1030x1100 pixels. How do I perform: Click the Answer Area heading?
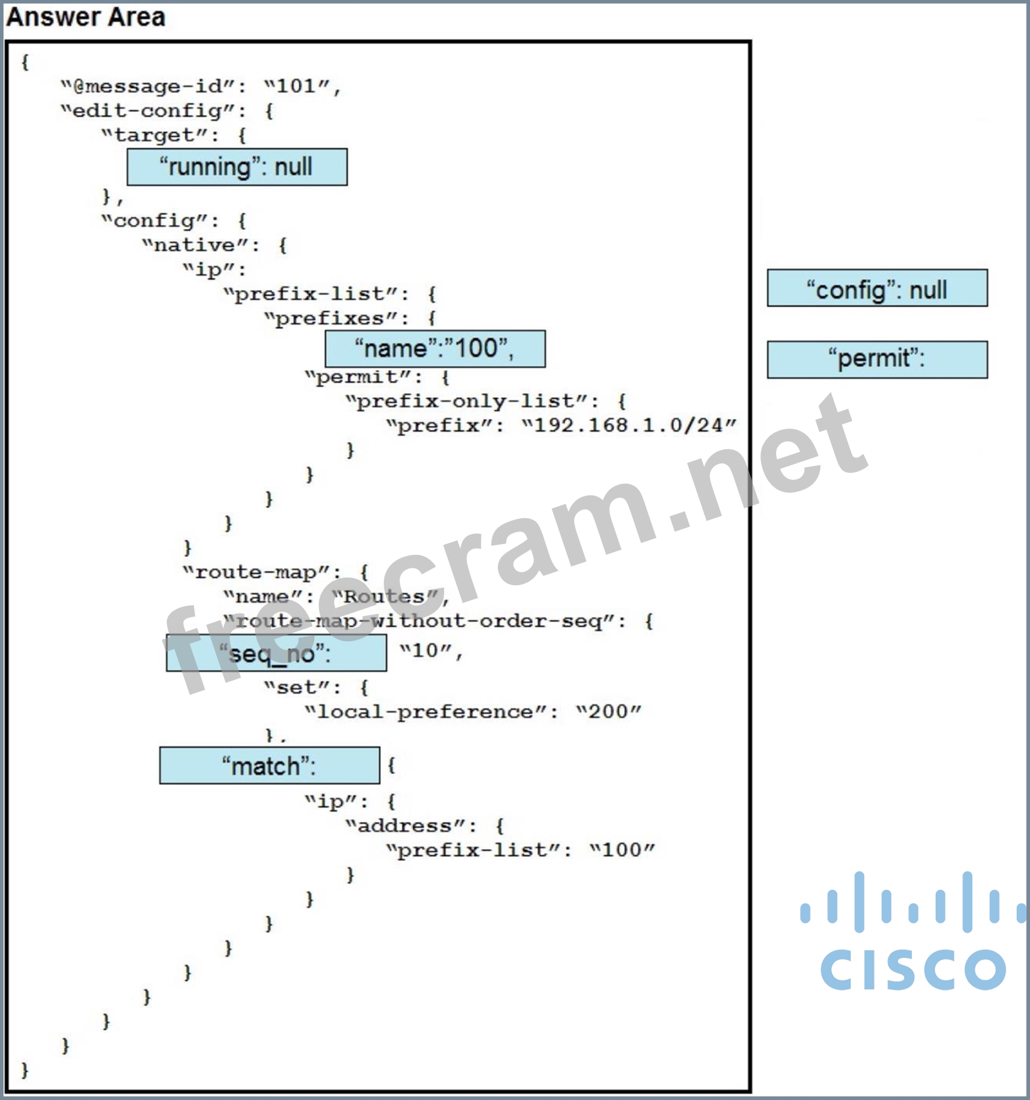coord(86,17)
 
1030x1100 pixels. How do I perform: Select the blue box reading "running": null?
coord(237,167)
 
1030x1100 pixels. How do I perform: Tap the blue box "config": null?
coord(877,288)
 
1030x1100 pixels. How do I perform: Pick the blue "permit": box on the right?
coord(877,359)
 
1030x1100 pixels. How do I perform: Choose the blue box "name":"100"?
coord(435,349)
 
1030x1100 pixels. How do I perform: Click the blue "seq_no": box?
coord(276,653)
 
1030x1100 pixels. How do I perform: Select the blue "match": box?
coord(270,766)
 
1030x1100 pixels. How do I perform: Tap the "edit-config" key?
coord(148,111)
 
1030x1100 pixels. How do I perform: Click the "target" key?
coord(154,136)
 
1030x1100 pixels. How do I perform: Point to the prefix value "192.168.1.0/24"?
coord(629,426)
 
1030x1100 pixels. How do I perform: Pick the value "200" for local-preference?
coord(608,712)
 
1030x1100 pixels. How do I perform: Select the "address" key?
coord(405,826)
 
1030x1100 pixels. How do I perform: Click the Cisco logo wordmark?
coord(913,970)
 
